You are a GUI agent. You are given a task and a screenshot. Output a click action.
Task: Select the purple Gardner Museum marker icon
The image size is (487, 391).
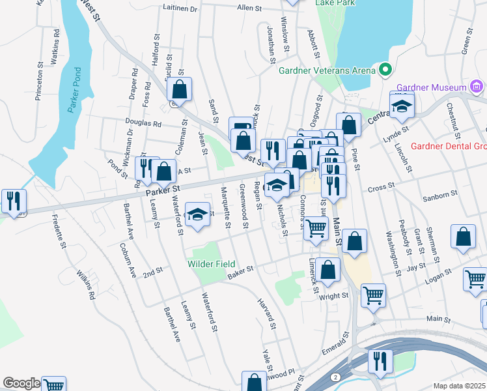(477, 87)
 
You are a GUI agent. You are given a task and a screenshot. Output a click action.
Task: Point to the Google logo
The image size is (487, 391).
(21, 383)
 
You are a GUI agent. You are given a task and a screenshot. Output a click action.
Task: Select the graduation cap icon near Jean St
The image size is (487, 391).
(196, 214)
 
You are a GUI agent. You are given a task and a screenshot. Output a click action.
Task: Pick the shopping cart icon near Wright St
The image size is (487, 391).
(373, 294)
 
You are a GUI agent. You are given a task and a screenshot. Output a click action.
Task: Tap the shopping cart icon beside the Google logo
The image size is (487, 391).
(53, 384)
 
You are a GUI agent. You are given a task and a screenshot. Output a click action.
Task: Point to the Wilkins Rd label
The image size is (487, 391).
(85, 284)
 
